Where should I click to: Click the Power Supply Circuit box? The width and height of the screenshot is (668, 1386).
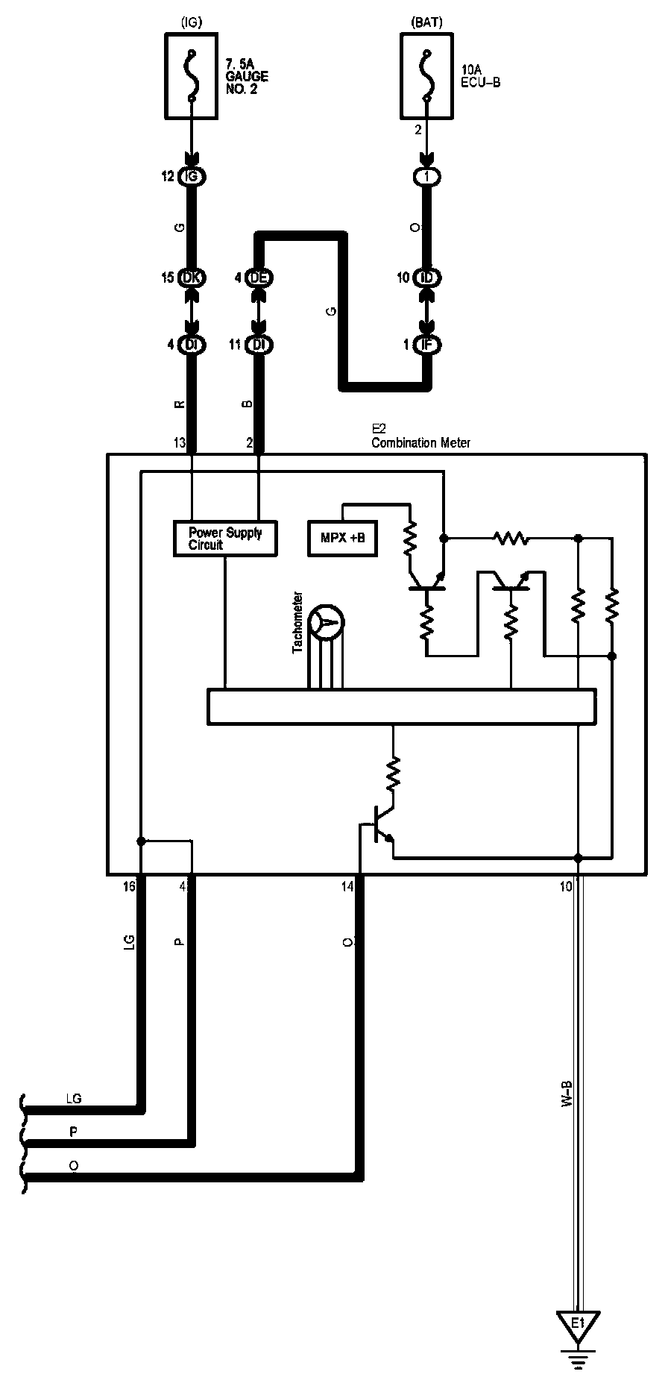225,538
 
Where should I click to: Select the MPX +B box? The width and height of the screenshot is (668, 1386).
343,537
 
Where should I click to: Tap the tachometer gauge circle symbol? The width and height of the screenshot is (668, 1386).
327,621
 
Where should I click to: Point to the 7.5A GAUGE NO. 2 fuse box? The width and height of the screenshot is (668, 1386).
192,78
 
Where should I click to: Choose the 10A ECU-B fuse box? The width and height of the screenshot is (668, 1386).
427,78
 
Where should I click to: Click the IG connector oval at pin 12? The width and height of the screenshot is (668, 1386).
192,177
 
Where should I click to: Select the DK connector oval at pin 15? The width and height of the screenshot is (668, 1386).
192,278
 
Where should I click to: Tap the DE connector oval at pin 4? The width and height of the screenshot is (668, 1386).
259,278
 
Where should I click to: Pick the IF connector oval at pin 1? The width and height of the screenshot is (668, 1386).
428,345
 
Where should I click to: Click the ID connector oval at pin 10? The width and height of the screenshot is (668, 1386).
428,278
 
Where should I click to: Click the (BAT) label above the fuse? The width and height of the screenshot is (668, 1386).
426,22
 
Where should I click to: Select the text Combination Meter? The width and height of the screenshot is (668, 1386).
420,443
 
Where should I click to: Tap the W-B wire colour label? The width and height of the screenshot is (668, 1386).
567,1093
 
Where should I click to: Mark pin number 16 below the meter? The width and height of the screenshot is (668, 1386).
130,887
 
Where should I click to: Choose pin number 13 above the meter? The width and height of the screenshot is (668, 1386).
180,443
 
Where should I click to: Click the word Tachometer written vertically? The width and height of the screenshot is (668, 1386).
298,622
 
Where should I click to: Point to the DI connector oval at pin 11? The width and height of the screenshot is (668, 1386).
259,345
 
